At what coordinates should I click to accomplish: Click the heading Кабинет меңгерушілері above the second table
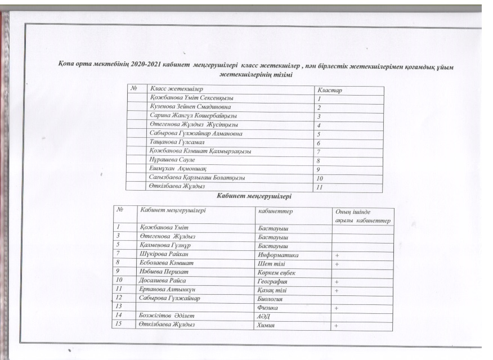254,196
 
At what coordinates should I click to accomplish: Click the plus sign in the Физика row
337,309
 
